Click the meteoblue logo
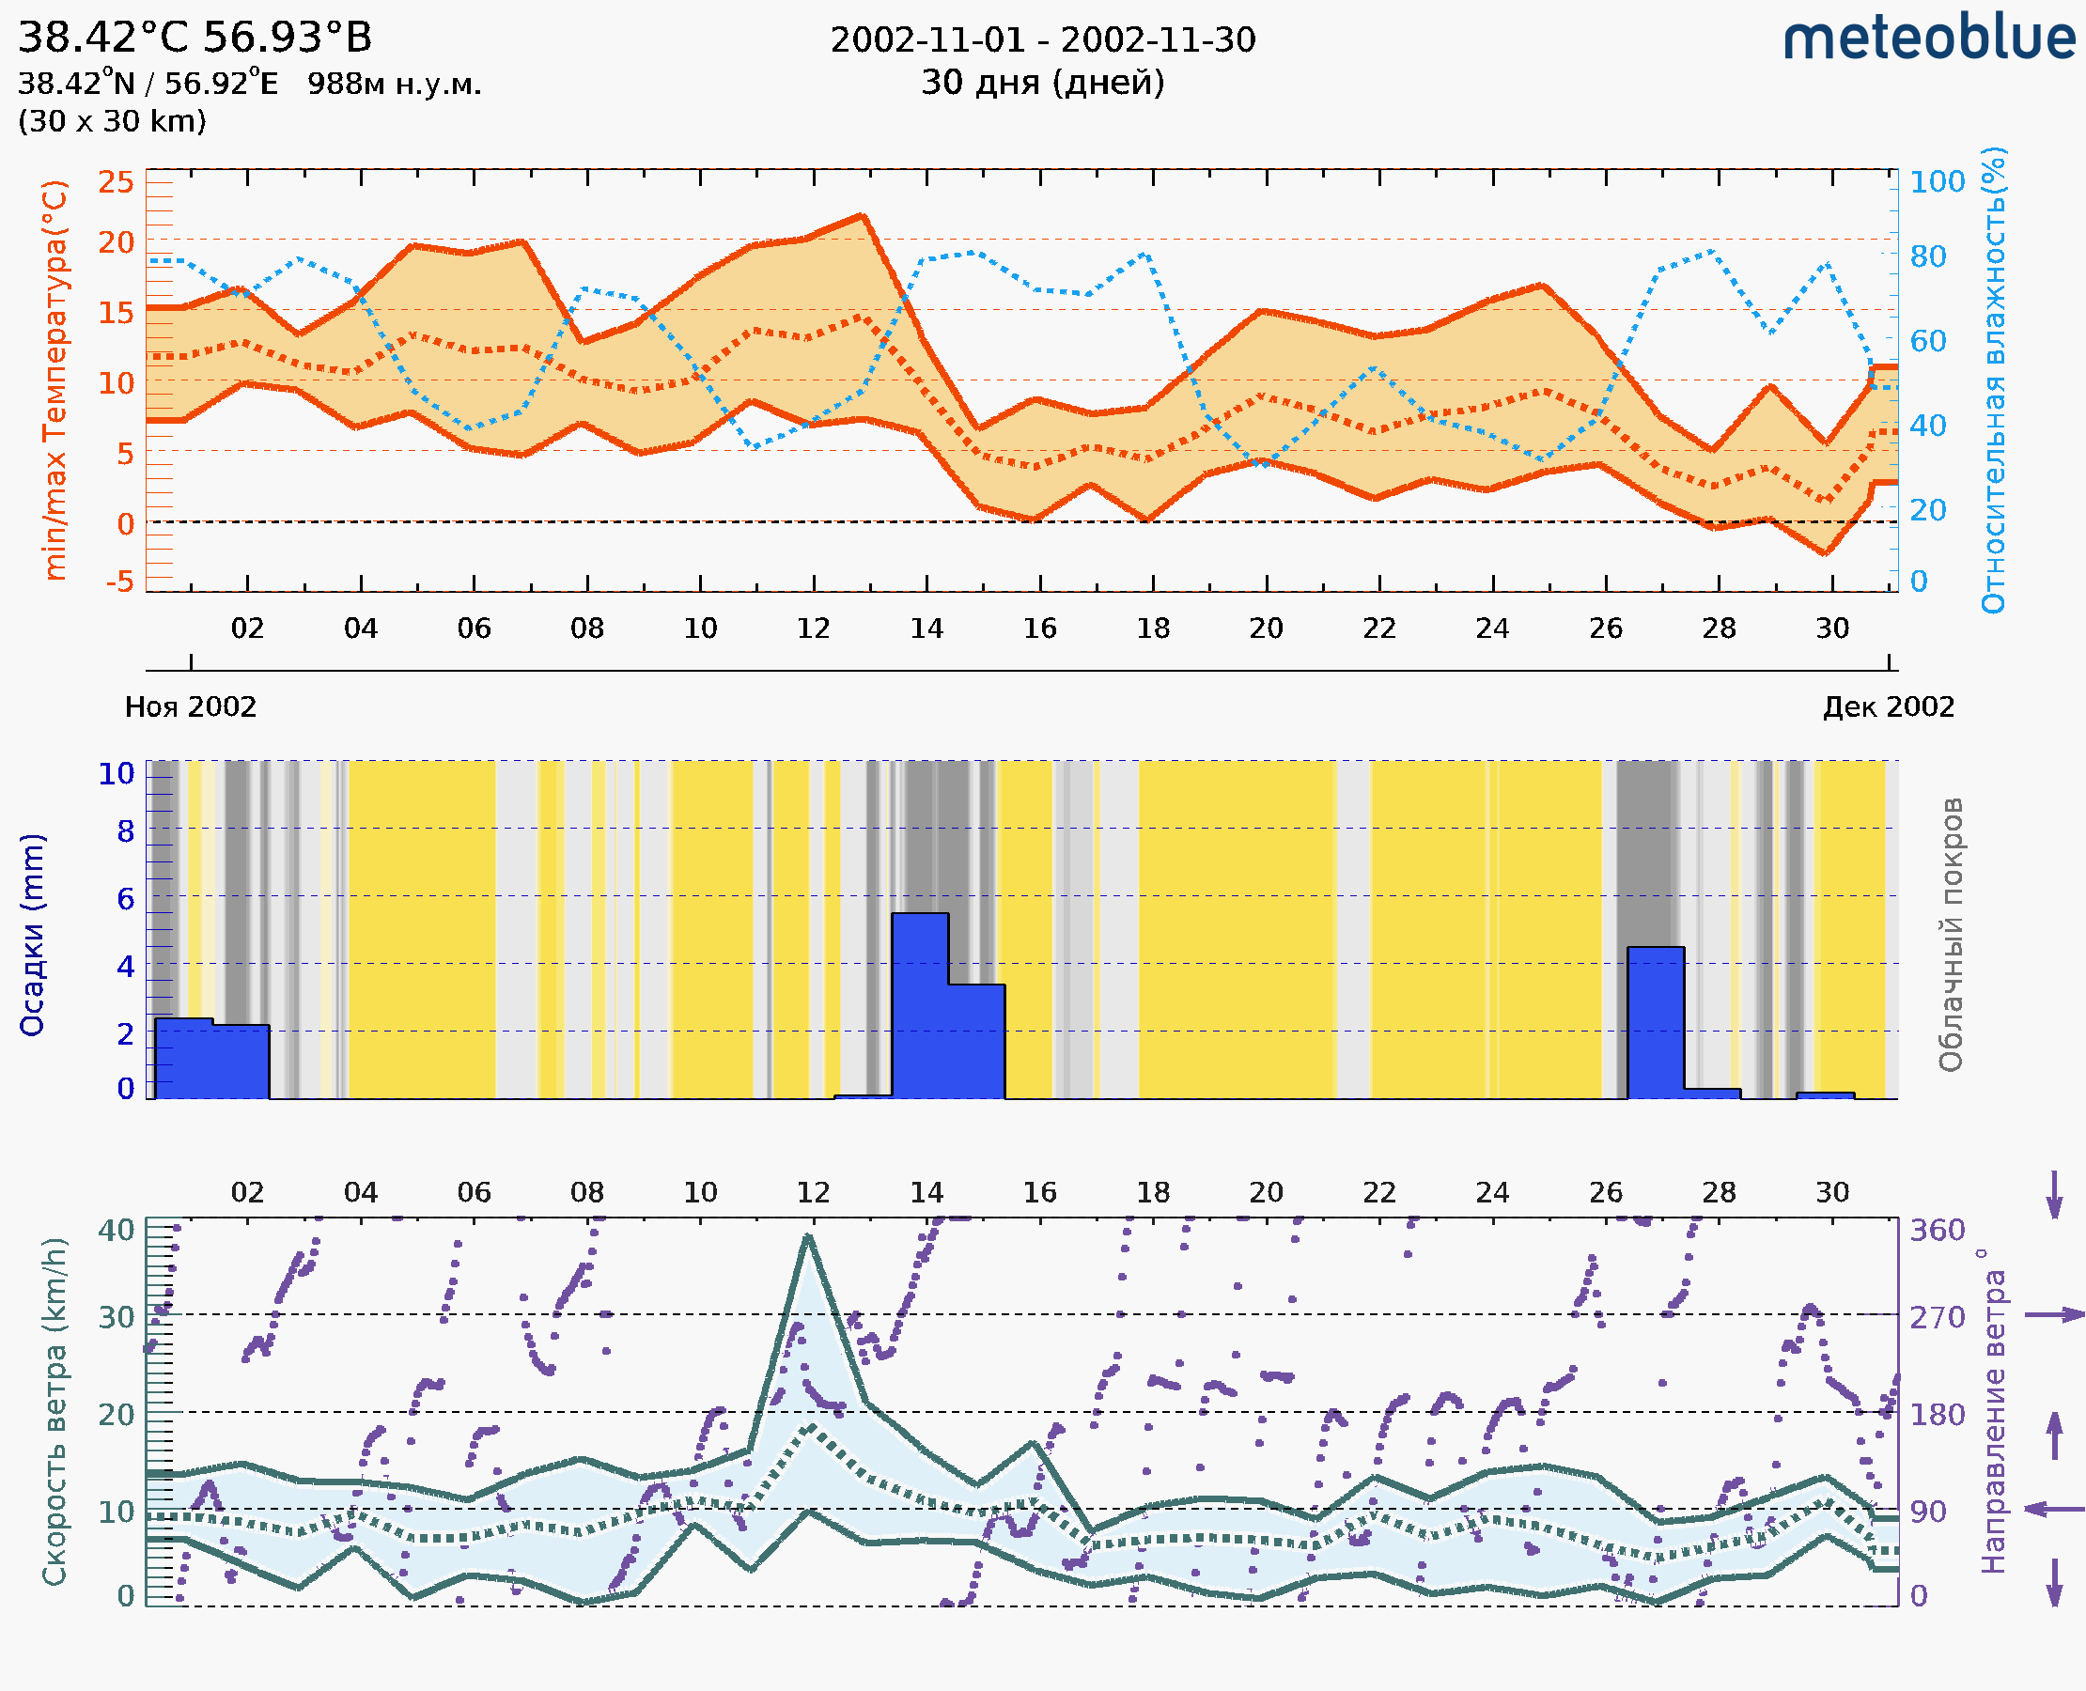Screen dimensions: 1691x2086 pyautogui.click(x=1929, y=39)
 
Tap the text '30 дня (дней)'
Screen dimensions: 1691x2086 pyautogui.click(x=1042, y=82)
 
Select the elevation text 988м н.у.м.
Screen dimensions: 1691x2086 pyautogui.click(x=395, y=84)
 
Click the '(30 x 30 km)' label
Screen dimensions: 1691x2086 pyautogui.click(x=112, y=121)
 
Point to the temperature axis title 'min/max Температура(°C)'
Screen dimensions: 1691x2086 pyautogui.click(x=55, y=380)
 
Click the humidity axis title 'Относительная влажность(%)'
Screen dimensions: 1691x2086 pyautogui.click(x=1993, y=380)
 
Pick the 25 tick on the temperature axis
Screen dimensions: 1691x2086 pyautogui.click(x=116, y=182)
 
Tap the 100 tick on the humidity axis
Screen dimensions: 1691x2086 pyautogui.click(x=1937, y=182)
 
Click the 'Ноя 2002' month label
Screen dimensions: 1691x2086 pyautogui.click(x=191, y=706)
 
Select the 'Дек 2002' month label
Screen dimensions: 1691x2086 pyautogui.click(x=1889, y=706)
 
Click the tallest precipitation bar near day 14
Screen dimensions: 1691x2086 pyautogui.click(x=920, y=1003)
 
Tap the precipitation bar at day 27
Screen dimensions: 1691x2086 pyautogui.click(x=1656, y=1021)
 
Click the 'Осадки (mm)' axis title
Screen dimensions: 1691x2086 pyautogui.click(x=32, y=935)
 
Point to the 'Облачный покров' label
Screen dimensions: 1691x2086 pyautogui.click(x=1950, y=935)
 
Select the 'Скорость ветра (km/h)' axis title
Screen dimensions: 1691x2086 pyautogui.click(x=55, y=1411)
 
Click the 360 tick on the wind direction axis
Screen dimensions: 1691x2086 pyautogui.click(x=1937, y=1231)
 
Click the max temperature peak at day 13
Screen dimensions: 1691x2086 pyautogui.click(x=863, y=215)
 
